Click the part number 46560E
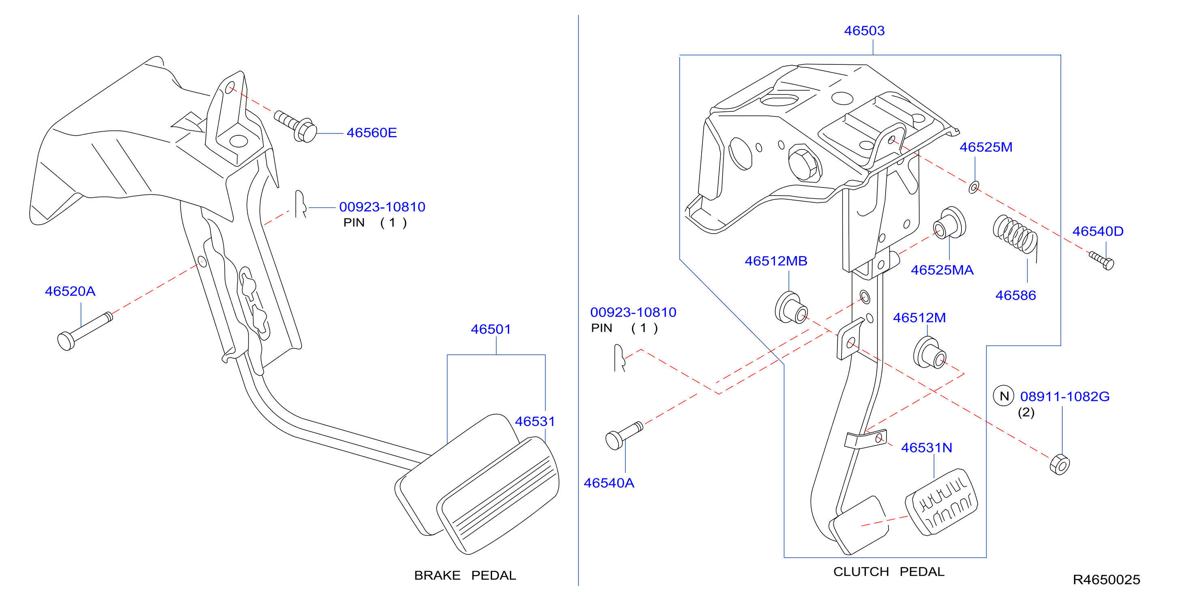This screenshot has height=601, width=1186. click(372, 132)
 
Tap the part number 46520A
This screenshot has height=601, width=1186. click(70, 291)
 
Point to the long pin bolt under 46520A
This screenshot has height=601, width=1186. click(85, 331)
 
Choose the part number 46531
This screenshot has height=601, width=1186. click(535, 421)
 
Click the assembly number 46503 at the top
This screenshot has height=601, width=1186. click(864, 30)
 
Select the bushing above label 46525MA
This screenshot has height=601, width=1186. click(949, 223)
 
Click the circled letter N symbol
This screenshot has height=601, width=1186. click(1004, 396)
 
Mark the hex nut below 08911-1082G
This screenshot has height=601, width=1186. click(1060, 465)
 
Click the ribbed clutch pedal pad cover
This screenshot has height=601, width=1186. click(942, 503)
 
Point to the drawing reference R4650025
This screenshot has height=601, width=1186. click(1106, 580)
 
